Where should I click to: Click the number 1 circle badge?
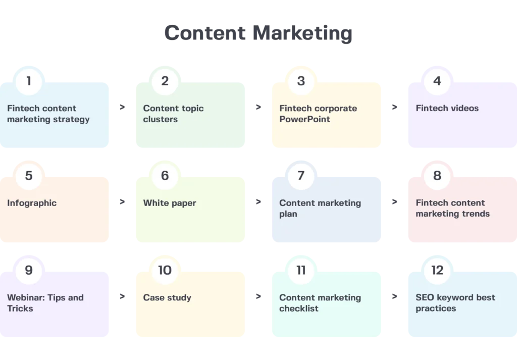coord(29,81)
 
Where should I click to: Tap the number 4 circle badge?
coord(437,81)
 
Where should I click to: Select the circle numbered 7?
coord(301,175)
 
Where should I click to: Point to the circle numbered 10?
coord(165,270)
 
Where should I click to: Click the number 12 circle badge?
coord(437,270)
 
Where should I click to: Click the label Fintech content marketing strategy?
coord(48,114)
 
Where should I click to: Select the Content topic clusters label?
coord(173,114)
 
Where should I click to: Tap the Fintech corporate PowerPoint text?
coord(318,114)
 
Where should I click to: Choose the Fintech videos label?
coord(447,108)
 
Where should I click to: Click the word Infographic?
coord(32,203)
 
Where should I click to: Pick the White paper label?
coord(170,203)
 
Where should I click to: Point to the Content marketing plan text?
coord(320,208)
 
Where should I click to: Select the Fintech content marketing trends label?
coord(452,208)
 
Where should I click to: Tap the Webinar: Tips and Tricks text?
coord(45,302)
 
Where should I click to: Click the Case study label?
coord(167,297)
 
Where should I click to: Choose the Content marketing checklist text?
coord(320,302)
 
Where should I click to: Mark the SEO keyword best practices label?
coord(455,302)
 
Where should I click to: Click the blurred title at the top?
coord(258,33)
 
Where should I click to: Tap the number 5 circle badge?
coord(29,175)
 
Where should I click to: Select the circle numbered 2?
coord(165,81)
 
